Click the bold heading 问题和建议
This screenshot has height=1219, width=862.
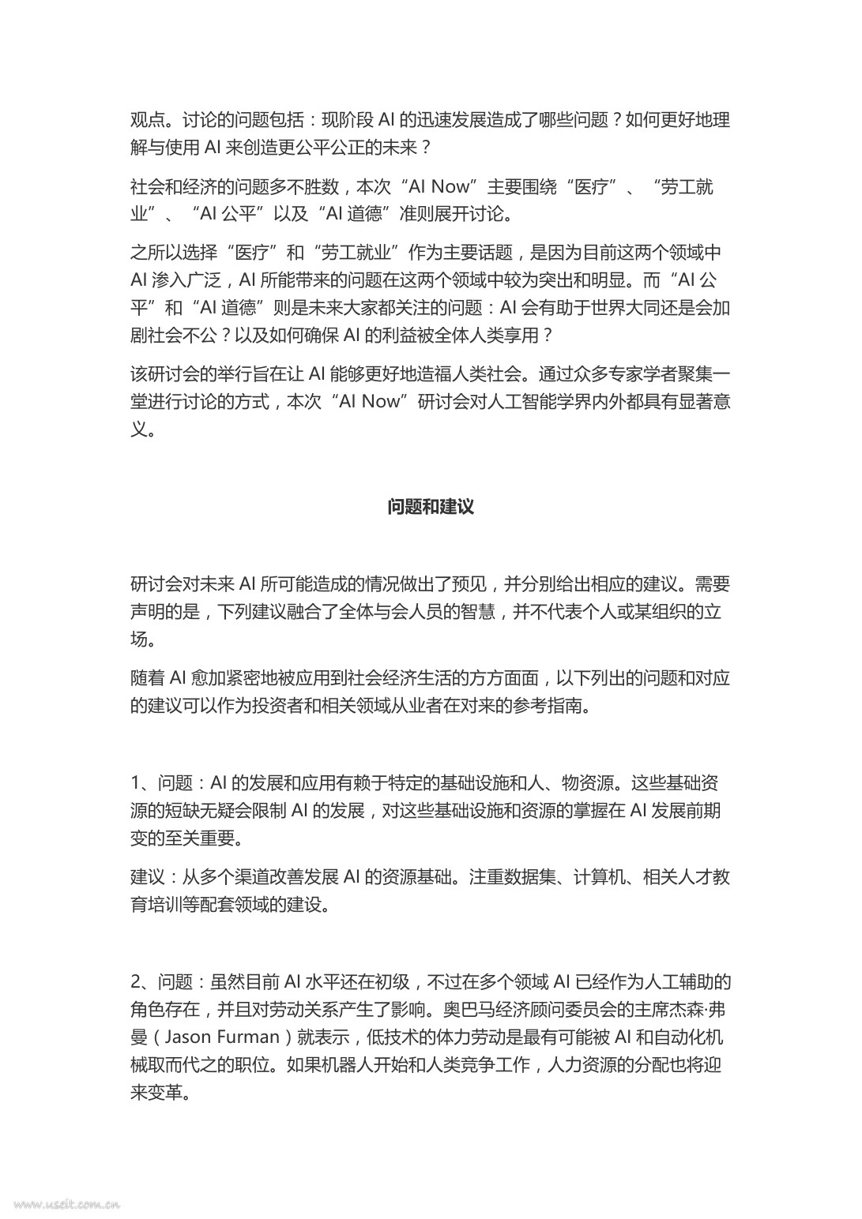click(431, 506)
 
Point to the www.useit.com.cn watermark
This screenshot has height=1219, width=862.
click(66, 1205)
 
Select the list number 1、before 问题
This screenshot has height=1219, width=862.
click(143, 783)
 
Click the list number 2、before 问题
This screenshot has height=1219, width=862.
click(144, 981)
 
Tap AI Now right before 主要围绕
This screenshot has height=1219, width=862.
click(439, 186)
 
